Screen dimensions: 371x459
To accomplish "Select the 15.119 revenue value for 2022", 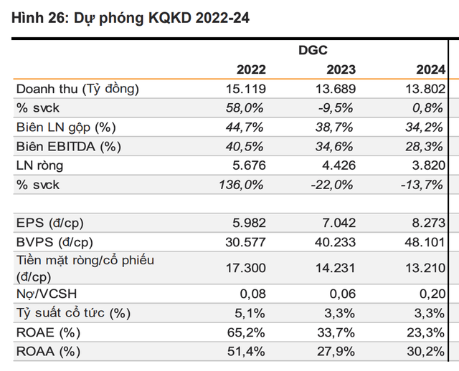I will (246, 90).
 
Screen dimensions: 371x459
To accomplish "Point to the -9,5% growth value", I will (337, 108).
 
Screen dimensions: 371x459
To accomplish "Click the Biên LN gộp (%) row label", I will (65, 127).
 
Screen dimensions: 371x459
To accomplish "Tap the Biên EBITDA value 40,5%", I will (248, 146).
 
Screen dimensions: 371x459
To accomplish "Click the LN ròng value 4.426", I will (336, 165).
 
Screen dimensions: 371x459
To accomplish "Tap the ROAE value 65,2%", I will (248, 332).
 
